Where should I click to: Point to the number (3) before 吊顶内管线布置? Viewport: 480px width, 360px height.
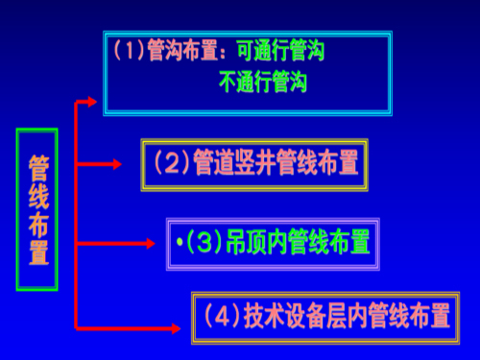coord(204,242)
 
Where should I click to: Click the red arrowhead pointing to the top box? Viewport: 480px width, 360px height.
coord(92,100)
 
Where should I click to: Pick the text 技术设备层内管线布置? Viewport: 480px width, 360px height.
coord(348,314)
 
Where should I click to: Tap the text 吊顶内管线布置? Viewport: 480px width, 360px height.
coord(298,242)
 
